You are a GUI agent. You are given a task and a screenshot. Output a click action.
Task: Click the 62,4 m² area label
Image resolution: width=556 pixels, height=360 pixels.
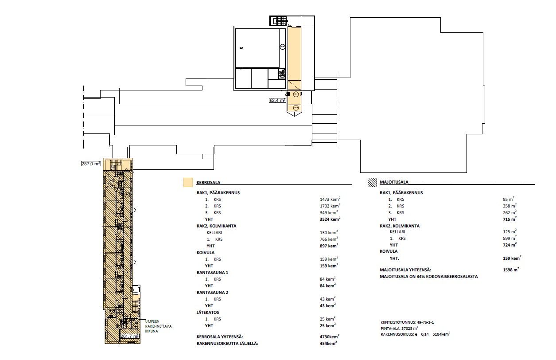click(277, 100)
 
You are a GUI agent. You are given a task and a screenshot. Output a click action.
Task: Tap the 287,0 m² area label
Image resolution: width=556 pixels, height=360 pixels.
click(91, 164)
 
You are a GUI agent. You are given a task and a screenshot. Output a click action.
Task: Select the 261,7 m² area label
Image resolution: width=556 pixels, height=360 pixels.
click(129, 336)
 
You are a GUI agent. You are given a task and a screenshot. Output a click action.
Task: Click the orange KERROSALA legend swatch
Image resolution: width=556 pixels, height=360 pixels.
click(188, 182)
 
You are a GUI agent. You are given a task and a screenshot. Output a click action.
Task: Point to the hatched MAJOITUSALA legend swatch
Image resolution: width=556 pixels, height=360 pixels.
click(372, 182)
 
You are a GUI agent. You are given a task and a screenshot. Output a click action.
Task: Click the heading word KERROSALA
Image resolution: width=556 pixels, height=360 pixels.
click(208, 183)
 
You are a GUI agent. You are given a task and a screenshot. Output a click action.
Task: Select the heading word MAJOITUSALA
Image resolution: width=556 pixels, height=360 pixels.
click(394, 182)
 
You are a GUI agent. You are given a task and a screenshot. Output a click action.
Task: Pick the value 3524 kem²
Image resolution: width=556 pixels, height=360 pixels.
click(330, 219)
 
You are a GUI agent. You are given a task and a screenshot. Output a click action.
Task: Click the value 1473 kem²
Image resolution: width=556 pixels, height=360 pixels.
click(330, 199)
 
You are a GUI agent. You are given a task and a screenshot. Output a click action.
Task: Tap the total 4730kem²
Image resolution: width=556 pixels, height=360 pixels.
click(329, 337)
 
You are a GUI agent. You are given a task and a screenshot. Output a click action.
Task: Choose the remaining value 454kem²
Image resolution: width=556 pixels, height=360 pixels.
click(328, 343)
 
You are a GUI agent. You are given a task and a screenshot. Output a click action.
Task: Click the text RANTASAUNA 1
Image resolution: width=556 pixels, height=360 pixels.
click(212, 273)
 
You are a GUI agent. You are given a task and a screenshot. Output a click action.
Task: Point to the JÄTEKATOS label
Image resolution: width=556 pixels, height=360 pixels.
click(208, 312)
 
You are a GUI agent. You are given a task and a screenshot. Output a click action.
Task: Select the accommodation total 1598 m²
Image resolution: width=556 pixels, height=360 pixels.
click(511, 270)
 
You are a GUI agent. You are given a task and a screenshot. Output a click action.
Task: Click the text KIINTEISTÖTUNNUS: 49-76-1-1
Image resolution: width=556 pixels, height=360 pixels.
click(407, 322)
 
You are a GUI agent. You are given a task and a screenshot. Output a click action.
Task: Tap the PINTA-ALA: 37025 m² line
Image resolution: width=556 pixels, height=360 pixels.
click(399, 328)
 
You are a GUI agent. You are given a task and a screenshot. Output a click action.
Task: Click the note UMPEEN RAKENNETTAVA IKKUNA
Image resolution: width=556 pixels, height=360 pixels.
click(158, 326)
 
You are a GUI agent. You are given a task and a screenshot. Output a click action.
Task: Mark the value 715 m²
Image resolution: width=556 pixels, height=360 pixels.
click(509, 219)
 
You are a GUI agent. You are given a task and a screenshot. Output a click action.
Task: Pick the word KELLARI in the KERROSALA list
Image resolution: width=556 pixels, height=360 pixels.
click(214, 233)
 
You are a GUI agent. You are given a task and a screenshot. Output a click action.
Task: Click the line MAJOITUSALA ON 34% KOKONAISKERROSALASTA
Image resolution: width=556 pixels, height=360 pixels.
click(429, 277)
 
